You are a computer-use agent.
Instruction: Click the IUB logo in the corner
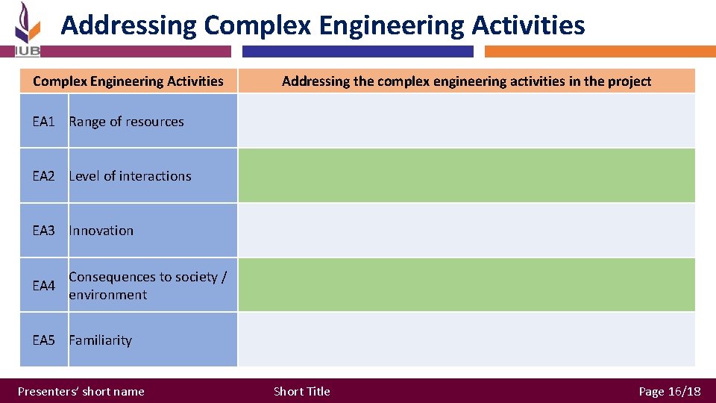(27, 29)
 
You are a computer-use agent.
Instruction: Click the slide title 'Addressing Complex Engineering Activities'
(322, 25)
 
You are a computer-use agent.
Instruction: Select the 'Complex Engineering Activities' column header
(128, 81)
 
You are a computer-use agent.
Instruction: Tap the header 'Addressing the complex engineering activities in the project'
(466, 81)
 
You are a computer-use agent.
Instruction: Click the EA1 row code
(43, 122)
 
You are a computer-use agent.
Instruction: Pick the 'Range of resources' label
(126, 122)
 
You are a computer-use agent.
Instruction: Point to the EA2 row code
(43, 176)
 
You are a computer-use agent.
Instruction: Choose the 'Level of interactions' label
(130, 176)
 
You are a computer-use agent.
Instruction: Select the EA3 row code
(43, 231)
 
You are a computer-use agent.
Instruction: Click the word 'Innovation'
(101, 231)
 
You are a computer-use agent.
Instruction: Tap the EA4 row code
(43, 286)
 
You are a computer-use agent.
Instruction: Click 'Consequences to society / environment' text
(147, 286)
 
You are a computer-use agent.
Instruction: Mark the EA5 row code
(43, 340)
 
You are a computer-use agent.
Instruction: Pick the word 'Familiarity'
(100, 340)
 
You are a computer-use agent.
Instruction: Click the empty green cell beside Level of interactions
(466, 175)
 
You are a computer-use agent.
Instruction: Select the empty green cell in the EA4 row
(466, 284)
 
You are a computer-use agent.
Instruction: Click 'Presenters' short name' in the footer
(81, 392)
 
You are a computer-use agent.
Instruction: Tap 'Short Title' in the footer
(301, 392)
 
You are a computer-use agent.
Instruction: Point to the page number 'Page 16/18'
(669, 392)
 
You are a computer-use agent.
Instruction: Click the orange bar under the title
(600, 51)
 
